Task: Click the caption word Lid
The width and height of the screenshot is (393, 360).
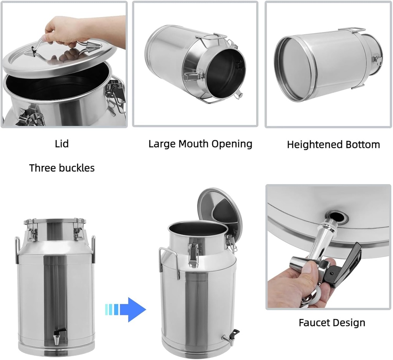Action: [x=62, y=144]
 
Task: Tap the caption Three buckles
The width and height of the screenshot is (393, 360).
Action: [x=62, y=168]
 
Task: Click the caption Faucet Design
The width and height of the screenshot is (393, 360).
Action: [x=332, y=323]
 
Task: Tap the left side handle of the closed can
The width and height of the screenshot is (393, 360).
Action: [x=18, y=250]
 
